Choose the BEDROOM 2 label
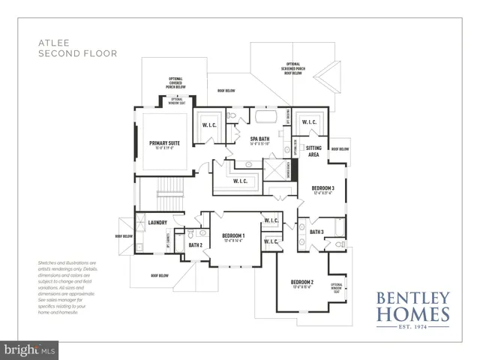point(301,283)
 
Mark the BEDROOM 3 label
point(323,188)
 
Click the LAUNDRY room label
point(157,223)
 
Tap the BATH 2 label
point(196,245)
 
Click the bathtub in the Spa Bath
point(266,118)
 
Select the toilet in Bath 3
point(340,244)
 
